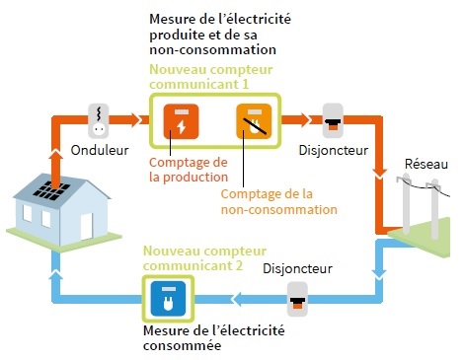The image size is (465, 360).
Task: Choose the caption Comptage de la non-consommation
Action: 278,201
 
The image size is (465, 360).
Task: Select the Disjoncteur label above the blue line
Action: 297,268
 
